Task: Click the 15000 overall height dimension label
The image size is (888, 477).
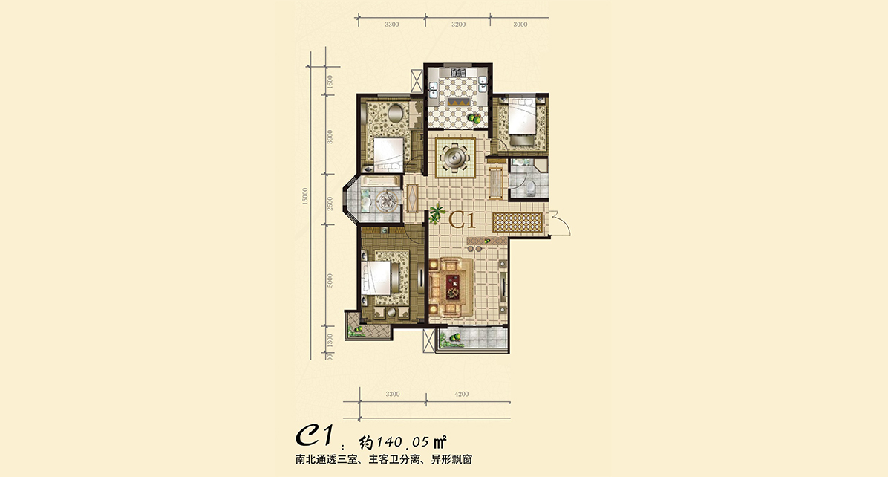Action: (305, 196)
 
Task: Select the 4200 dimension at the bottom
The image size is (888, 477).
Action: (462, 394)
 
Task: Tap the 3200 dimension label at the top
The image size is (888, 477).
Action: (459, 25)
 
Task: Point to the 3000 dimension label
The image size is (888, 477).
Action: (520, 25)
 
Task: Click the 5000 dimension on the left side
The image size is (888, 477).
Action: (330, 280)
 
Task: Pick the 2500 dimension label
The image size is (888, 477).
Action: (330, 203)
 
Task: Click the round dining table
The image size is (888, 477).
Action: (455, 156)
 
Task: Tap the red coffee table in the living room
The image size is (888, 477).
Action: (453, 286)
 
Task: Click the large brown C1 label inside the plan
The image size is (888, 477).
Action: (462, 219)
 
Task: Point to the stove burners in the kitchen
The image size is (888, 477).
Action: (457, 73)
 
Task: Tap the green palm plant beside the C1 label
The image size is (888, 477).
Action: (436, 213)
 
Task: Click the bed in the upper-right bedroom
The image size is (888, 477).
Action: (521, 117)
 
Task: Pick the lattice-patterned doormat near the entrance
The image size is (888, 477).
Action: (517, 222)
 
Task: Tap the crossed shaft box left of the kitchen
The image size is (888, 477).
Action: (417, 78)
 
